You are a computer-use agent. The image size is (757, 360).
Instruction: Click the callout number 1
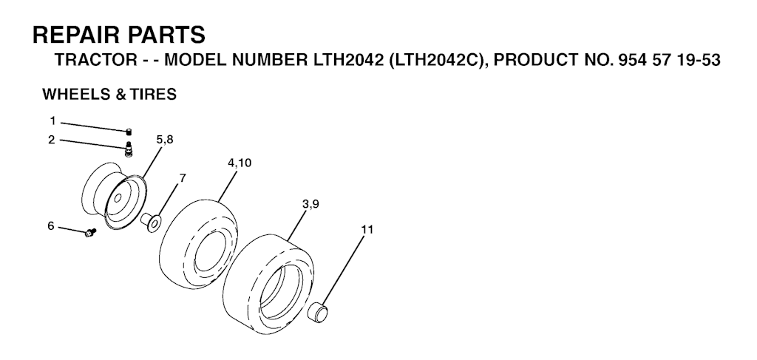52,120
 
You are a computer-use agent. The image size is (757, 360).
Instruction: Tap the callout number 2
52,140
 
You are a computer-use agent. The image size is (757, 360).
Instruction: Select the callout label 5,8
165,140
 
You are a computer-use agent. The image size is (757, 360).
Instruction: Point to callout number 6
51,226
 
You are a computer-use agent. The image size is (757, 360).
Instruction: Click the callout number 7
182,178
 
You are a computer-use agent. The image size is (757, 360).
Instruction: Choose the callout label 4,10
240,163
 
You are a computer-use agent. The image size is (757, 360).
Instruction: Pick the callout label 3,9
310,204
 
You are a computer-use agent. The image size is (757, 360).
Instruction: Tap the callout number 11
367,229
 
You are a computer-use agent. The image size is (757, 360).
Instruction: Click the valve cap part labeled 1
129,132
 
